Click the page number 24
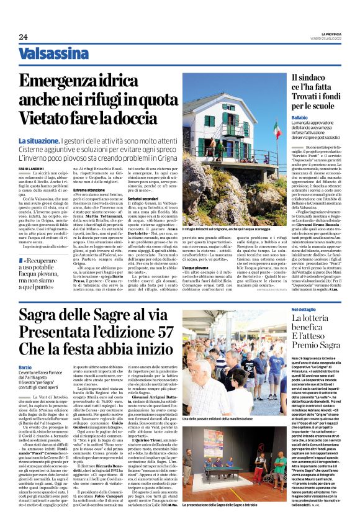point(23,37)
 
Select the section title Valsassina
point(53,54)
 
